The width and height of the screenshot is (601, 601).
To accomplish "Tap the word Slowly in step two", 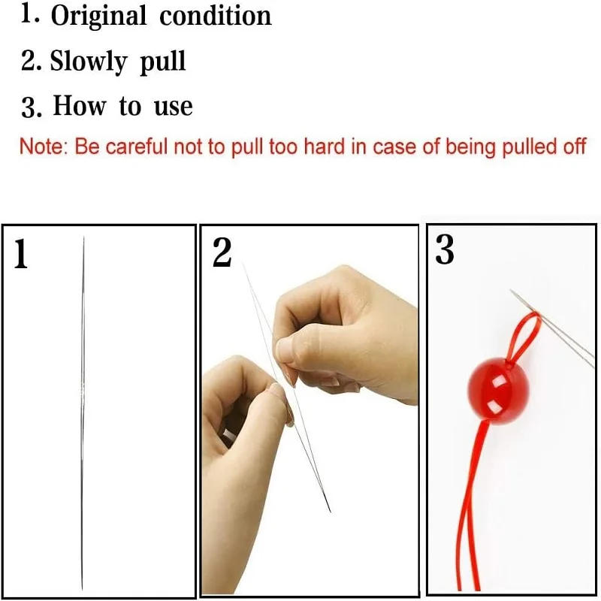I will (x=89, y=61).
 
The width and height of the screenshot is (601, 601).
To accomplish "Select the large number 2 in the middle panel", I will (x=222, y=253).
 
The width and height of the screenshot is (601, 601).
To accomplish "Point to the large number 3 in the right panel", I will (x=445, y=250).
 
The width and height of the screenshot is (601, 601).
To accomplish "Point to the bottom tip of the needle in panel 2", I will (x=329, y=511).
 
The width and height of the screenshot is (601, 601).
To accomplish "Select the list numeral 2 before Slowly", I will (x=30, y=62).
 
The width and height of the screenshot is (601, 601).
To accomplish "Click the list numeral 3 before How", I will (x=30, y=107).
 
